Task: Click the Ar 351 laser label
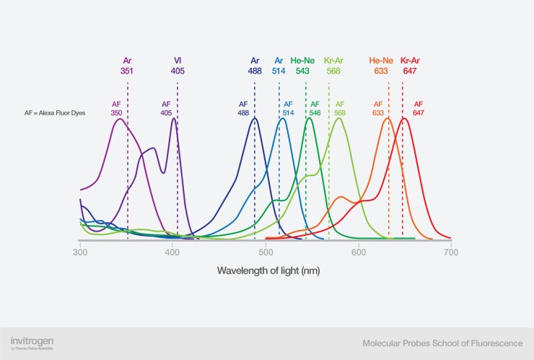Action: [x=128, y=66]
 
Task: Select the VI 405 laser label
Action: [x=178, y=66]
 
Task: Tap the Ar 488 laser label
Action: [x=255, y=66]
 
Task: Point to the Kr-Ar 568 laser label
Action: [x=333, y=66]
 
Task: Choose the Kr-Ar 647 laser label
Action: [x=410, y=66]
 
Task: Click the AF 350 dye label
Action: [x=116, y=108]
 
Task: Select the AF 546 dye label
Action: [x=315, y=108]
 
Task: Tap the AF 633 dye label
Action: [x=378, y=108]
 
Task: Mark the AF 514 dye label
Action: [x=288, y=108]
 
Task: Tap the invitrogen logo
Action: [x=32, y=341]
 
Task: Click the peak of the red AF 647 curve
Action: [x=404, y=118]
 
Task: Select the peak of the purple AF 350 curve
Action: [x=120, y=118]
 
